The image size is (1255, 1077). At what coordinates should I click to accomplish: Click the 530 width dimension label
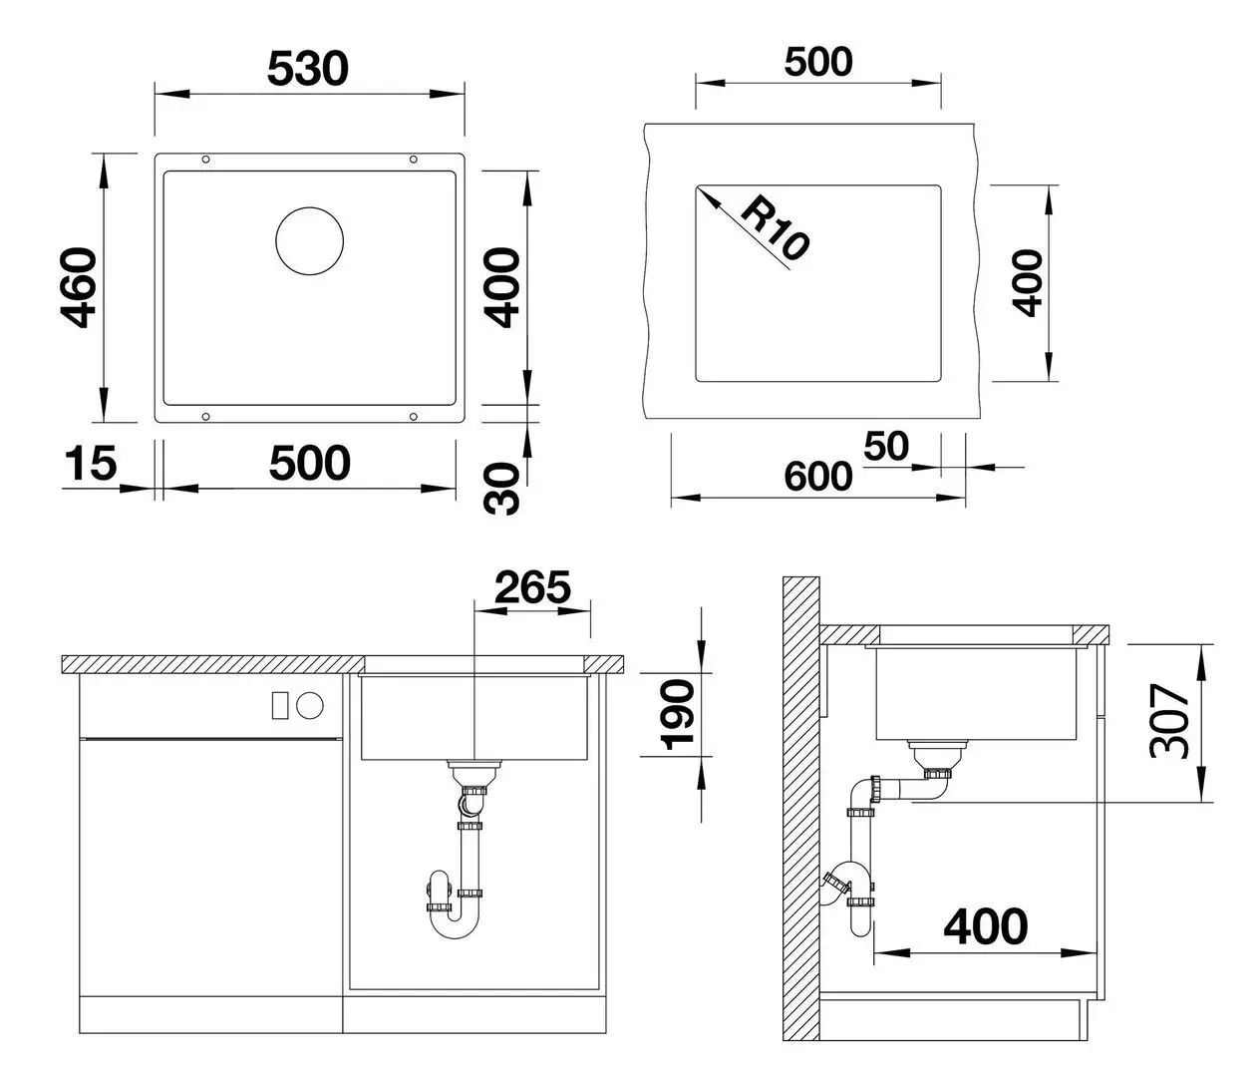pyautogui.click(x=309, y=69)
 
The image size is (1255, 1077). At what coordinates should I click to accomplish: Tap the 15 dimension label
pyautogui.click(x=90, y=464)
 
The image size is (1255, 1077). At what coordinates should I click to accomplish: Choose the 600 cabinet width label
pyautogui.click(x=817, y=477)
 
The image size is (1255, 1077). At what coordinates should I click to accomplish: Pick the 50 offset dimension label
pyautogui.click(x=885, y=447)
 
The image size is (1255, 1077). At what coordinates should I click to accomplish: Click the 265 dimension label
pyautogui.click(x=532, y=587)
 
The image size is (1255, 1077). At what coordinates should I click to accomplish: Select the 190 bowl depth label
pyautogui.click(x=679, y=714)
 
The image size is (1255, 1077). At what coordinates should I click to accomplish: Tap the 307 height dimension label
pyautogui.click(x=1169, y=721)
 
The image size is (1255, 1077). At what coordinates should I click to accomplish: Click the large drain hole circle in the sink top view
pyautogui.click(x=309, y=242)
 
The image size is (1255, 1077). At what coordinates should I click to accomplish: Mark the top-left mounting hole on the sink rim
pyautogui.click(x=205, y=160)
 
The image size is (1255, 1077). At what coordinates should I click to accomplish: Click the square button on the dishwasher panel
pyautogui.click(x=280, y=704)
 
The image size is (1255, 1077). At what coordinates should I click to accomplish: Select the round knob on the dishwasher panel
pyautogui.click(x=311, y=704)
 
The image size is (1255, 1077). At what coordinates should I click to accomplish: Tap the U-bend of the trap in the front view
pyautogui.click(x=455, y=923)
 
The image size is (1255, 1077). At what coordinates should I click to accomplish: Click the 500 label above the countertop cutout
pyautogui.click(x=818, y=62)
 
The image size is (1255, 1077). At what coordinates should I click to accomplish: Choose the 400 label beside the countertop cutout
pyautogui.click(x=1026, y=282)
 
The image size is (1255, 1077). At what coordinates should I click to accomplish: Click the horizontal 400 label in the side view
pyautogui.click(x=985, y=926)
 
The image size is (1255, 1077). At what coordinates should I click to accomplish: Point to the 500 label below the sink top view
pyautogui.click(x=309, y=464)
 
